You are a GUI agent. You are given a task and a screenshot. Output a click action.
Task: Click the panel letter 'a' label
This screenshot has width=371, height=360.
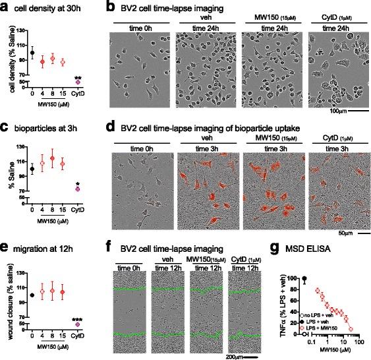coord(5,7)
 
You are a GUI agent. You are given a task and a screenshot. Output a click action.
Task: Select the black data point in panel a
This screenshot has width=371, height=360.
coord(32,52)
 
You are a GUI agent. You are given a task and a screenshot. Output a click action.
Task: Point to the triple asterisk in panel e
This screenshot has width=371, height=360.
coord(78,318)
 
